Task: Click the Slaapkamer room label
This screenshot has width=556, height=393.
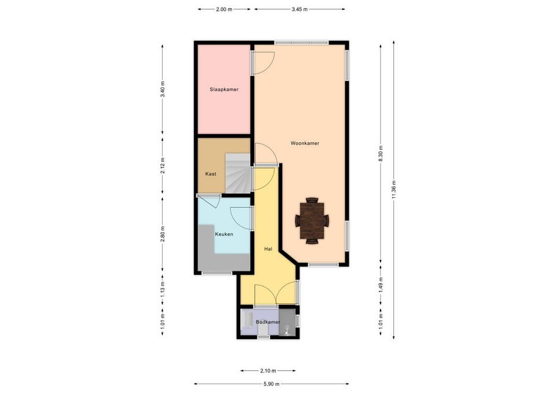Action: pos(224,90)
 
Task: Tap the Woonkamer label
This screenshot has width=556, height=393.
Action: pos(305,143)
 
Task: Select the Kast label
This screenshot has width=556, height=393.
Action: pos(211,174)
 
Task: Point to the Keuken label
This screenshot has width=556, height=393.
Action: pos(224,234)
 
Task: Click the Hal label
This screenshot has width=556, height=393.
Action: pos(268,249)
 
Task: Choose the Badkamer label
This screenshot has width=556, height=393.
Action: pos(268,322)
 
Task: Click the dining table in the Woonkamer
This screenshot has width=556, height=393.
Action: pos(312,221)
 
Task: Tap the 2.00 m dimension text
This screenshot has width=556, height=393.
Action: pos(224,10)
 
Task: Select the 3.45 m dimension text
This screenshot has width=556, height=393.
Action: pos(299,10)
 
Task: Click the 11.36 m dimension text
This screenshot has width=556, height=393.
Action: pos(394,190)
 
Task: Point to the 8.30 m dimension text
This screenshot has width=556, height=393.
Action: pos(381,154)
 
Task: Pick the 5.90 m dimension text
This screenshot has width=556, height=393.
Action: pos(272,384)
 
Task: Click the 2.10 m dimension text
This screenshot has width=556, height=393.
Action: pos(268,371)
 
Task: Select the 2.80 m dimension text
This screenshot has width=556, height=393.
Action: pos(163,234)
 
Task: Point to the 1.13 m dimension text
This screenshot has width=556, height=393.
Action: pos(163,289)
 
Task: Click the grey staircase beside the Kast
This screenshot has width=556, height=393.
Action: pos(238,174)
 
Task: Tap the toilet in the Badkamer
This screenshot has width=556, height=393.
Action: pos(263,330)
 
